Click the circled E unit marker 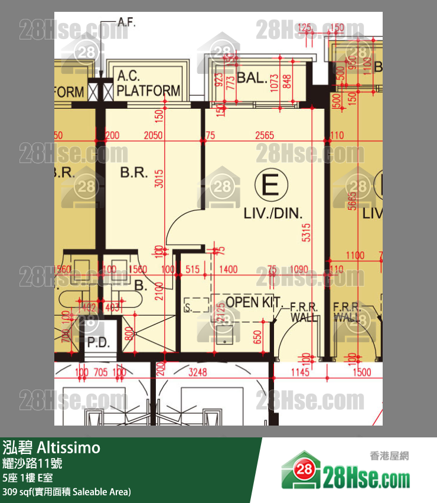pos(270,187)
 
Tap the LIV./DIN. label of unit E pos(273,213)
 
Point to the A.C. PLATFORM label pos(148,83)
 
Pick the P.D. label pos(96,343)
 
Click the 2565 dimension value pos(264,135)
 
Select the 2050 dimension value pos(153,135)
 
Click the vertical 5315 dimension pos(305,235)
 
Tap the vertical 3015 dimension pos(158,179)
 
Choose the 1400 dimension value pos(228,270)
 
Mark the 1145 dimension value pos(301,372)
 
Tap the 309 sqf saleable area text pos(66,491)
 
